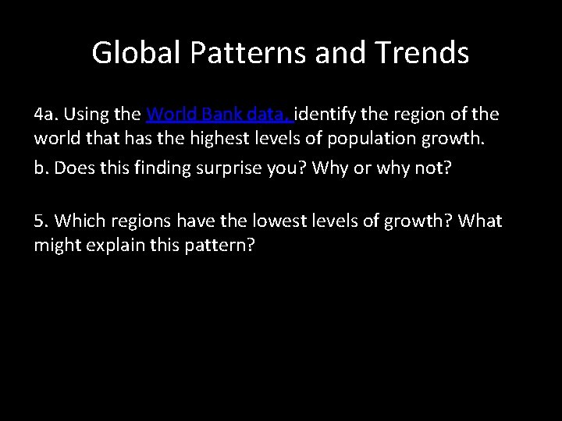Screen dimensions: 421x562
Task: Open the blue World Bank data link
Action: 219,115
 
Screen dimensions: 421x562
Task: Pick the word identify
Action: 323,115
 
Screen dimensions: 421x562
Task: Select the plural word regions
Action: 133,221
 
